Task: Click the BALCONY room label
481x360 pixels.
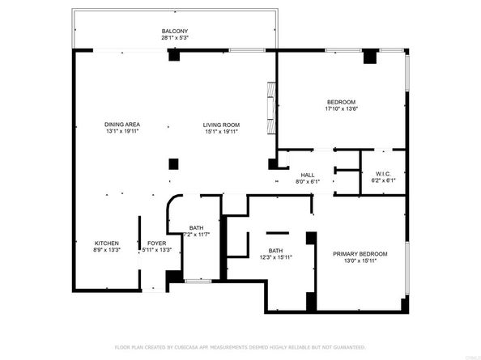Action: pyautogui.click(x=175, y=31)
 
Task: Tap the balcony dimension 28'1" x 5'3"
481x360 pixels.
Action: pyautogui.click(x=175, y=38)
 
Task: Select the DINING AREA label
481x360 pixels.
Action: pyautogui.click(x=121, y=124)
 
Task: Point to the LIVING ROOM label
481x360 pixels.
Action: pyautogui.click(x=220, y=124)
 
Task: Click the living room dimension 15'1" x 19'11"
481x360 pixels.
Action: pyautogui.click(x=220, y=131)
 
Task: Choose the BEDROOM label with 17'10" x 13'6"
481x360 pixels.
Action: pyautogui.click(x=341, y=102)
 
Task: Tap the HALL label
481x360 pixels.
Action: pyautogui.click(x=308, y=175)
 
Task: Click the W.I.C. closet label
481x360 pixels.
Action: pyautogui.click(x=384, y=175)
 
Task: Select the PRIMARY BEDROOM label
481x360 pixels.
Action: pyautogui.click(x=360, y=253)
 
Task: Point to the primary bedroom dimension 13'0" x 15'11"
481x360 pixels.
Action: pyautogui.click(x=360, y=260)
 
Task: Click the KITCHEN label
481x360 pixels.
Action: pyautogui.click(x=107, y=244)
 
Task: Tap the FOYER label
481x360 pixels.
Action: pyautogui.click(x=156, y=244)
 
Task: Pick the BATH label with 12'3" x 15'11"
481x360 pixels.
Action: pyautogui.click(x=275, y=251)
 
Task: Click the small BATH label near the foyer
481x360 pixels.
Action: pyautogui.click(x=196, y=227)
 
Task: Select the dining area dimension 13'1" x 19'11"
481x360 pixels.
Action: pyautogui.click(x=121, y=131)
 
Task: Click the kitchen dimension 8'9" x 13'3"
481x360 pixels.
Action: pyautogui.click(x=107, y=251)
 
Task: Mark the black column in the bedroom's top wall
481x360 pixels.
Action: pyautogui.click(x=370, y=57)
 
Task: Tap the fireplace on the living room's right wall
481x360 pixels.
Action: pyautogui.click(x=270, y=109)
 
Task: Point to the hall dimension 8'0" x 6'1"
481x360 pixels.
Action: pyautogui.click(x=308, y=182)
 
